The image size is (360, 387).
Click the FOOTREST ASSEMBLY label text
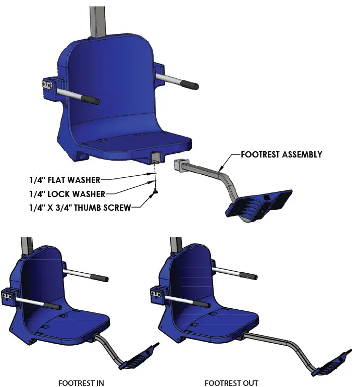pyautogui.click(x=281, y=154)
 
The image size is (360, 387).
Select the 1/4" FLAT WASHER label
pyautogui.click(x=65, y=180)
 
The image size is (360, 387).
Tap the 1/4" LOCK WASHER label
pyautogui.click(x=67, y=194)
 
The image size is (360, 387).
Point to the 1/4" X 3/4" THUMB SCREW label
pyautogui.click(x=80, y=208)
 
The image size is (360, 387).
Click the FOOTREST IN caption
pyautogui.click(x=81, y=382)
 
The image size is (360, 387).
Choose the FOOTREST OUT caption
pyautogui.click(x=231, y=382)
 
